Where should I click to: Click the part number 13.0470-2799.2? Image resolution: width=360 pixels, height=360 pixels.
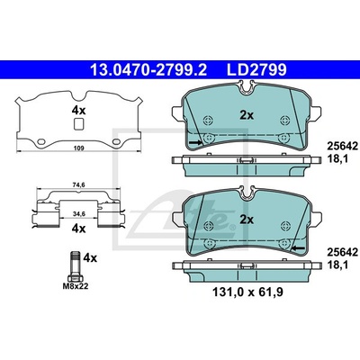[148, 70]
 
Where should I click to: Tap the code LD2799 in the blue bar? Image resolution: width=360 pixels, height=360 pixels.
[256, 70]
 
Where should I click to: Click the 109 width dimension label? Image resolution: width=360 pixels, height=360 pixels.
[78, 148]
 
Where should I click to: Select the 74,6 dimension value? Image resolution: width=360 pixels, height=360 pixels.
[79, 185]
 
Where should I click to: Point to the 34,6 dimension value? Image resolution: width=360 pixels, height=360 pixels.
[79, 213]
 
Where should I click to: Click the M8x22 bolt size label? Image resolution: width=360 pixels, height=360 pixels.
[76, 286]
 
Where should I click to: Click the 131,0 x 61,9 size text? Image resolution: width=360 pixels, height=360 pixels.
[247, 292]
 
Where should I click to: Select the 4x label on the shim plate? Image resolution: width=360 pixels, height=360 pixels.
[78, 111]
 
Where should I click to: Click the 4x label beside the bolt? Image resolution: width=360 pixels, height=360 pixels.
[90, 257]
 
